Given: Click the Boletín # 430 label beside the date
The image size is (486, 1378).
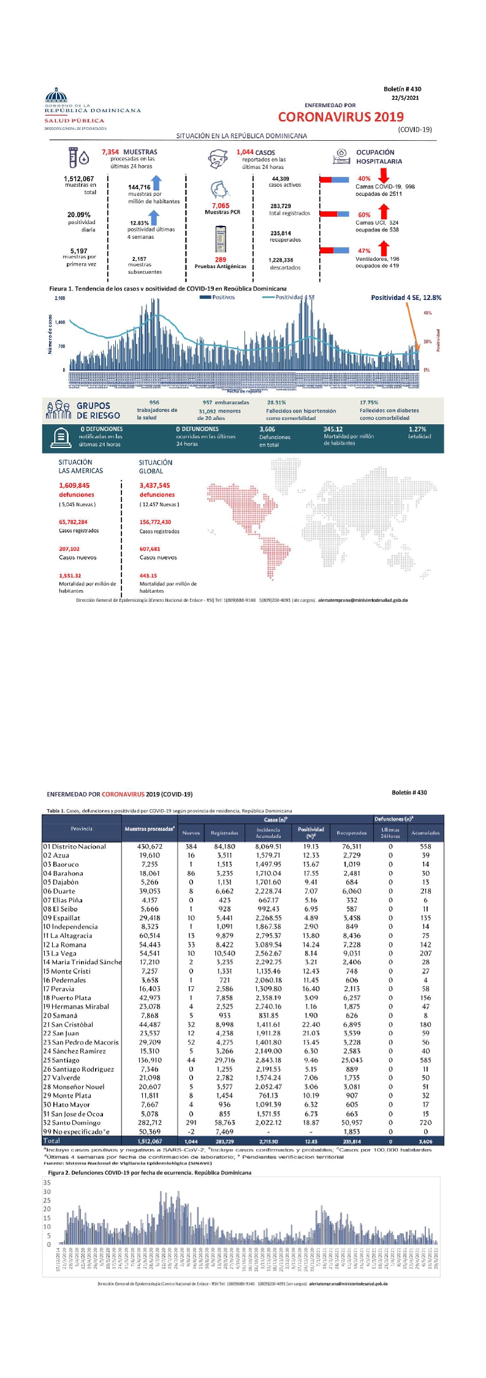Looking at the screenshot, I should tap(402, 89).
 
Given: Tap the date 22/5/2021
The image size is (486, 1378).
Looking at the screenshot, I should tap(405, 98).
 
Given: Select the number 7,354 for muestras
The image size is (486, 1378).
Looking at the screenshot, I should tap(110, 152).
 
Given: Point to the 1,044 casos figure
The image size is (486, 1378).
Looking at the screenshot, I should tap(245, 152).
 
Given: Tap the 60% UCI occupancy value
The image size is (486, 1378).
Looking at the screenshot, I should tap(364, 215).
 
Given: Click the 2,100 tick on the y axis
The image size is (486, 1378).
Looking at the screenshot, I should tap(60, 298).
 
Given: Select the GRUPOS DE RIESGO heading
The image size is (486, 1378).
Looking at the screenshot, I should tap(98, 410).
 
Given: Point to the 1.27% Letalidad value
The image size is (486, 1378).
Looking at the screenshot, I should tap(417, 429).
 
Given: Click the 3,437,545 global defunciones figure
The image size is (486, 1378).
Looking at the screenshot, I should tap(154, 485).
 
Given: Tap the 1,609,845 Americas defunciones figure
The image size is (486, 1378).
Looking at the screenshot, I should tap(74, 485).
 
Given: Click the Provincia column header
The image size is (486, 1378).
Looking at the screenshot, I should tap(82, 828).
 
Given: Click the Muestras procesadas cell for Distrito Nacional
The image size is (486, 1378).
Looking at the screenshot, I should tap(150, 847).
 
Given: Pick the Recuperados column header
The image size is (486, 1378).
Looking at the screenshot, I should tap(352, 833).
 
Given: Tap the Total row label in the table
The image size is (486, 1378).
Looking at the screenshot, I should tap(51, 1140).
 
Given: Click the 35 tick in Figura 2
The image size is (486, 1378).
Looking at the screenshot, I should tap(47, 1182).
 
